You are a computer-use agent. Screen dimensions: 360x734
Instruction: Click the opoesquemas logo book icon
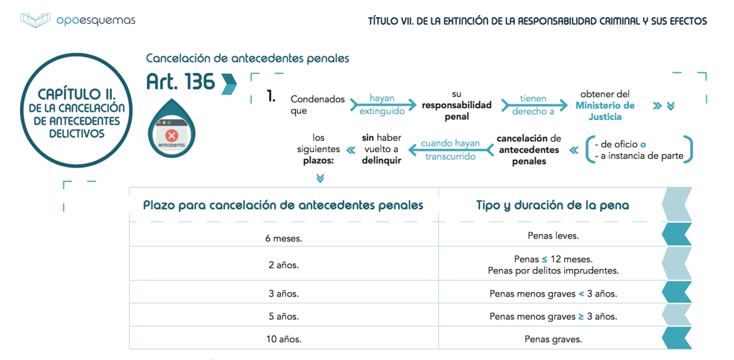click(x=35, y=20)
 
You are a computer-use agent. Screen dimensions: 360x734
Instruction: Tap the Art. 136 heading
click(x=180, y=82)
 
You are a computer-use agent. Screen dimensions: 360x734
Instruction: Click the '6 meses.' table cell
click(x=283, y=239)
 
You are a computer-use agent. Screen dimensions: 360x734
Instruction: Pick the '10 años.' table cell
click(x=283, y=339)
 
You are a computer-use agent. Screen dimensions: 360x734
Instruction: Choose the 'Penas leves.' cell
click(x=552, y=236)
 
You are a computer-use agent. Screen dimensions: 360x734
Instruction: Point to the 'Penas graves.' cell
click(x=552, y=339)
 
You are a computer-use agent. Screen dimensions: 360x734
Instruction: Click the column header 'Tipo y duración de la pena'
click(x=552, y=205)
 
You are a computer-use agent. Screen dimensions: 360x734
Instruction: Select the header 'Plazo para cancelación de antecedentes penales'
click(x=283, y=205)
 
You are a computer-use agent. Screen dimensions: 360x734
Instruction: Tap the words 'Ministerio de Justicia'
click(x=604, y=111)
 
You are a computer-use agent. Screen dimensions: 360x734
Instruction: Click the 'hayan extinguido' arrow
click(x=382, y=105)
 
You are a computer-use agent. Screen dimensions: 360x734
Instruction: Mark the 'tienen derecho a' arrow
click(x=533, y=105)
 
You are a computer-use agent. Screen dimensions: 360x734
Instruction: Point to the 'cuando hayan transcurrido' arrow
click(x=451, y=150)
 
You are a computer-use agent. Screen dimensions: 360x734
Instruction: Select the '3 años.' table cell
click(x=283, y=294)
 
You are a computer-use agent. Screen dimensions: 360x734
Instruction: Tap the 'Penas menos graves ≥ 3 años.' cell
click(x=552, y=316)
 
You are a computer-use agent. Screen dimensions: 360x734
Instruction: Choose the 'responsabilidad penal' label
click(x=457, y=111)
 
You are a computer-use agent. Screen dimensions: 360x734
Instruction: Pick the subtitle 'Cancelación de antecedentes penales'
click(x=247, y=58)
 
